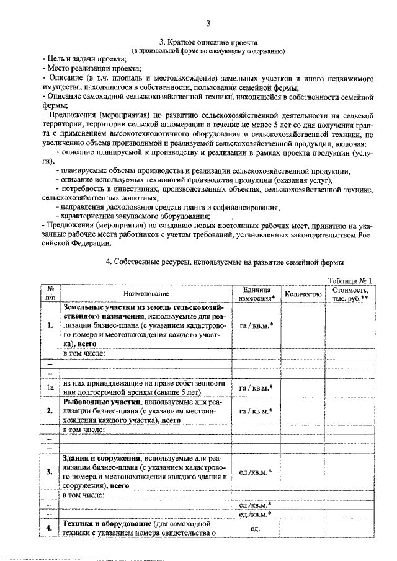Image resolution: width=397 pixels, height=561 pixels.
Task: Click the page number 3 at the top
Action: [208, 24]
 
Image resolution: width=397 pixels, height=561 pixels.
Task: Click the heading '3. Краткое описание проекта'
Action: [208, 42]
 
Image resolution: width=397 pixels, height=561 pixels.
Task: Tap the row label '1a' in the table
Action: [48, 387]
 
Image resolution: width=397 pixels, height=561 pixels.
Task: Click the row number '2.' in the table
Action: [48, 411]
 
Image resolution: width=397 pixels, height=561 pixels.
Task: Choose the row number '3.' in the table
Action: [48, 472]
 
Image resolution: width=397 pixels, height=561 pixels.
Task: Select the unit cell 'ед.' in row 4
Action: [254, 528]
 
